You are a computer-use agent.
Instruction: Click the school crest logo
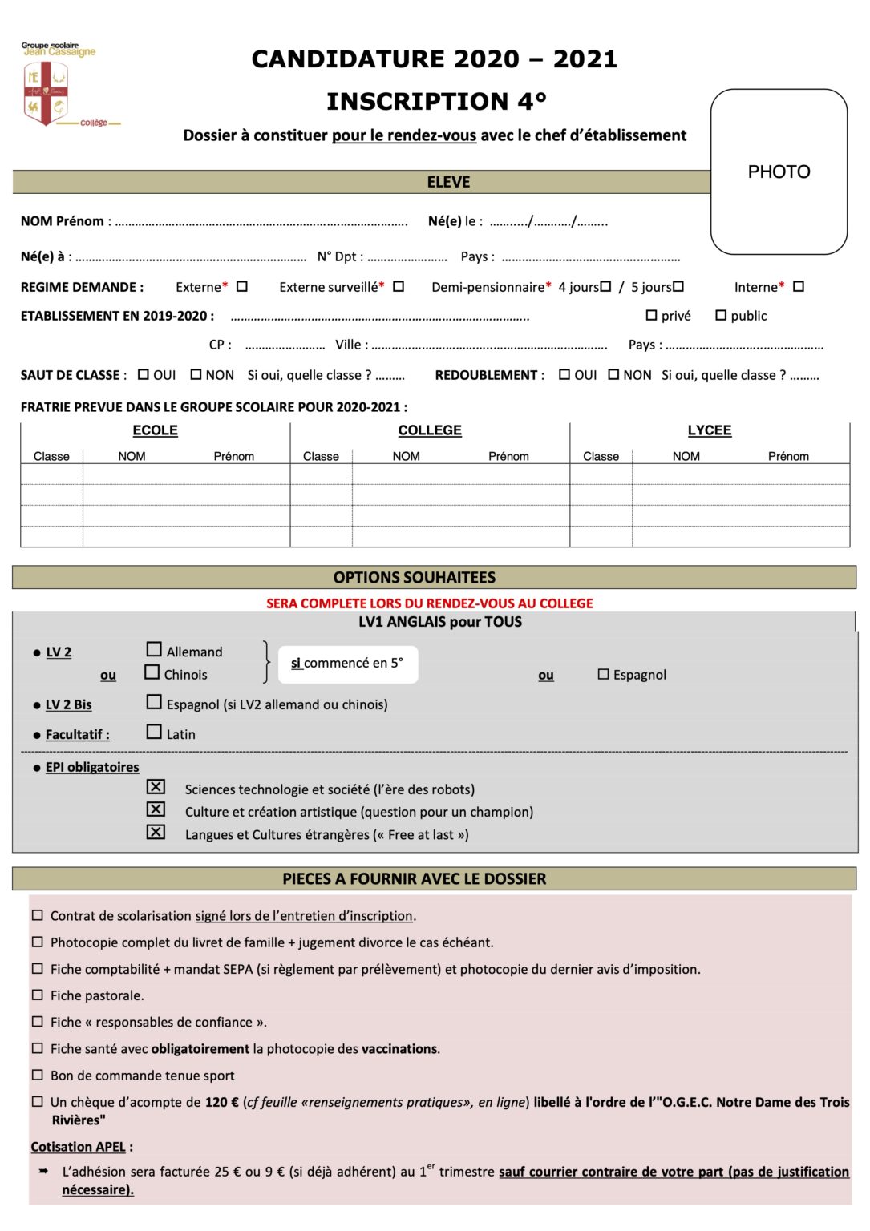(46, 94)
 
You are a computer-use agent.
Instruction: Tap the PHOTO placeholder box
(778, 172)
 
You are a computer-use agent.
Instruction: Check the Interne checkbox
(798, 286)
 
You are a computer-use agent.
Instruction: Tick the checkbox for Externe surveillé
(399, 286)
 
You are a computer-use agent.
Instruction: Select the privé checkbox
(651, 316)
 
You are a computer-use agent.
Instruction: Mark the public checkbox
(721, 316)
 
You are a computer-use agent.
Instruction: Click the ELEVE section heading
(448, 182)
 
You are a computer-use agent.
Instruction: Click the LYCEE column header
(709, 430)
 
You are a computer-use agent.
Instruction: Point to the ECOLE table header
(155, 430)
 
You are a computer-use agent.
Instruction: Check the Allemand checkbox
(154, 649)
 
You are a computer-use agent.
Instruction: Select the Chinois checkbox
(152, 672)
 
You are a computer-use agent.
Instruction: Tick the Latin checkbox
(154, 732)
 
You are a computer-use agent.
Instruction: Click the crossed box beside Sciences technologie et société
(156, 787)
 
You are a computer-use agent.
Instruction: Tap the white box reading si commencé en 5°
(347, 664)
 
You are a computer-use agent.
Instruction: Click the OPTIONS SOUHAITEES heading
(414, 577)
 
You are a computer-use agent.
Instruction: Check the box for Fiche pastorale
(37, 995)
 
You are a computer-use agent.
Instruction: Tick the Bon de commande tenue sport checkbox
(37, 1075)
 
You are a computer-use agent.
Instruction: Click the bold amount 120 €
(221, 1102)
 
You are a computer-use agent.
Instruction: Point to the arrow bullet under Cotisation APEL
(43, 1171)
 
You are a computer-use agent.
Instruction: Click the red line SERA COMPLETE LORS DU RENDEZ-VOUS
(429, 603)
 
